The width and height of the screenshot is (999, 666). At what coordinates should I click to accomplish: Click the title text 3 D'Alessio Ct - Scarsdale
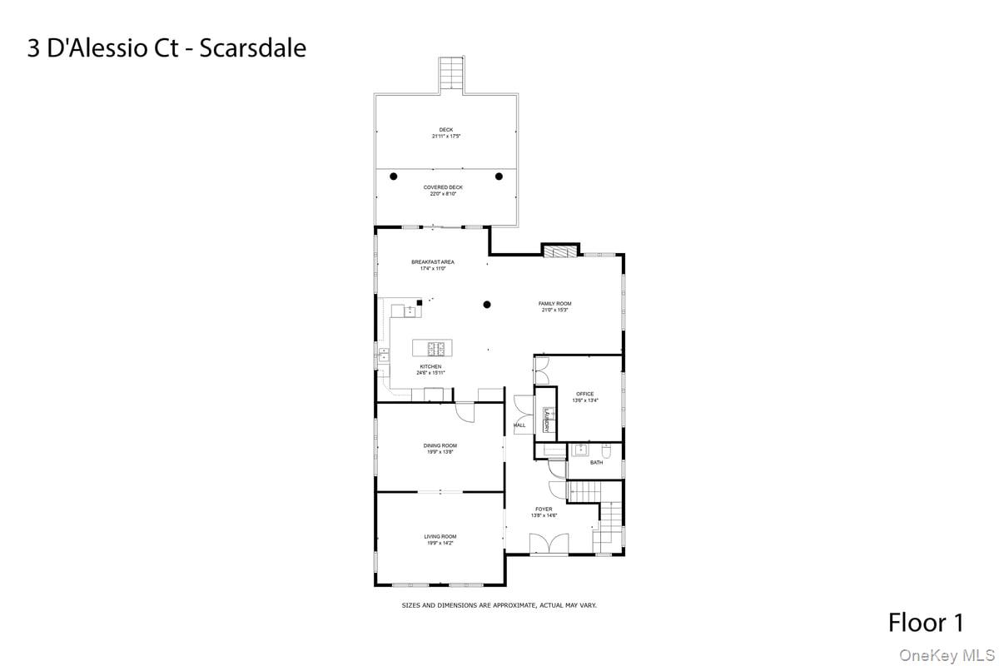coord(166,47)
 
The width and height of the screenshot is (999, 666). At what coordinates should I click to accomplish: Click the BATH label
coord(596,463)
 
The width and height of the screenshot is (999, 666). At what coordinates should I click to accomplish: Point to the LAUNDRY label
coord(547,420)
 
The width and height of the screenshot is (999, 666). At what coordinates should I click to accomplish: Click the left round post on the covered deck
coord(394,176)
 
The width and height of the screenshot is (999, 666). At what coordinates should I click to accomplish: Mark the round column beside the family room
coord(488,304)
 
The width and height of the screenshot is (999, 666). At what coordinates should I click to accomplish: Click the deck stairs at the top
coord(450,75)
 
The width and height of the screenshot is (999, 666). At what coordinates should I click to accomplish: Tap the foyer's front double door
coord(549,545)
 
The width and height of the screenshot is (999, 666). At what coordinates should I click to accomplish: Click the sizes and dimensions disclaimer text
coord(499,605)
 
